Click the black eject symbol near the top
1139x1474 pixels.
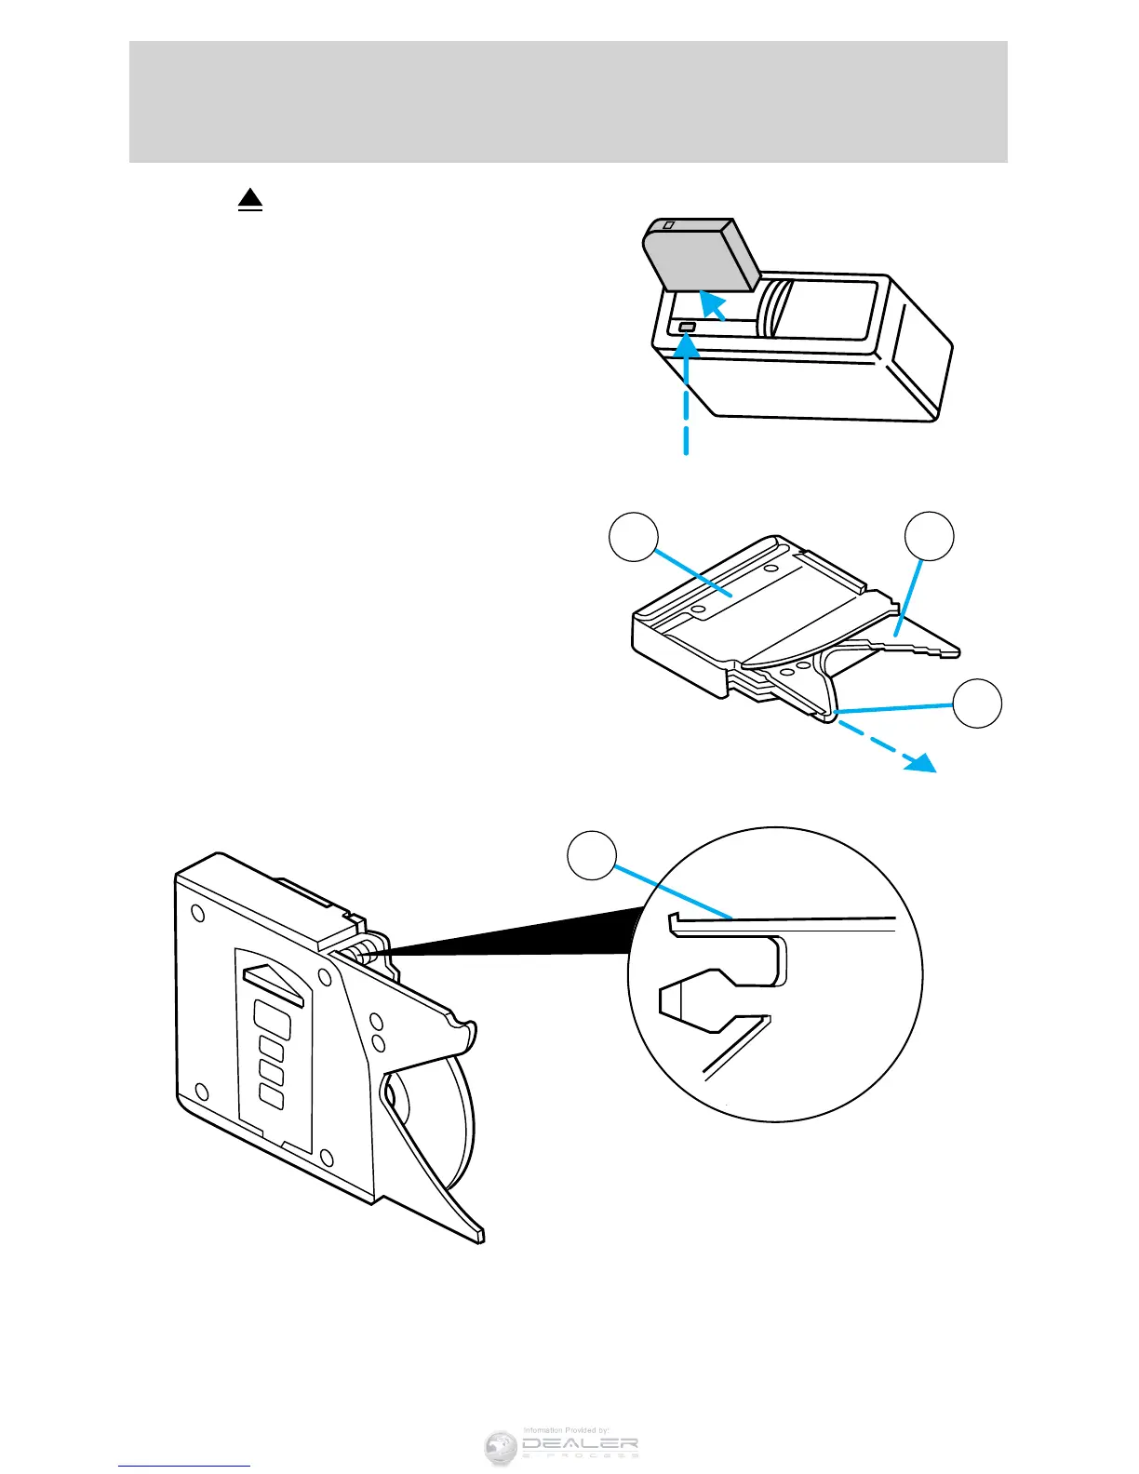250,199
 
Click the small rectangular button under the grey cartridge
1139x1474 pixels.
688,328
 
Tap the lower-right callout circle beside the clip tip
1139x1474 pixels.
977,703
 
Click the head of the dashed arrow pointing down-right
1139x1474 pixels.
922,762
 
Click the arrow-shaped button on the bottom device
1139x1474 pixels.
274,981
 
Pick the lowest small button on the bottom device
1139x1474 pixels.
271,1097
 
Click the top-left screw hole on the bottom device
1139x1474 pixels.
198,913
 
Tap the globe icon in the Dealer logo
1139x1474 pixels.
501,1448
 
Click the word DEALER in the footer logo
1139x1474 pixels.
579,1445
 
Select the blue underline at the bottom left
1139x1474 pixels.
184,1466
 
